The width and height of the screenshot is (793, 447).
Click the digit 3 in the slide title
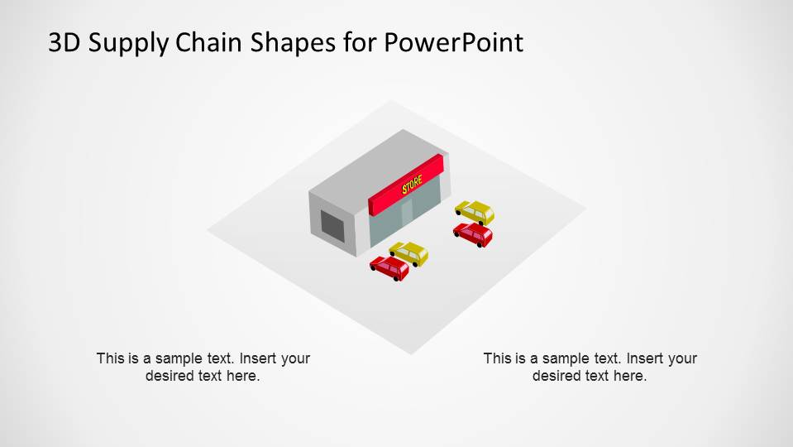[x=56, y=42]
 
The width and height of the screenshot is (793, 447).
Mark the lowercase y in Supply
[x=162, y=46]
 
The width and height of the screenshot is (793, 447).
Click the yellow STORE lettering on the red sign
[x=412, y=185]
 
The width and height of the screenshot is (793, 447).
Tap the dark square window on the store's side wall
[x=332, y=226]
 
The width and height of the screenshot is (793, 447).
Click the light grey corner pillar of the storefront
[x=361, y=228]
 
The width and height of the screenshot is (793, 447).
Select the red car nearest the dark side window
[x=389, y=267]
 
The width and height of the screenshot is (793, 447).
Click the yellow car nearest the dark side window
[x=408, y=252]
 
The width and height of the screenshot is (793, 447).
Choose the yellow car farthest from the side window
[x=474, y=212]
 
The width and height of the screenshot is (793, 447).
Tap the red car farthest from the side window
[x=473, y=233]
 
